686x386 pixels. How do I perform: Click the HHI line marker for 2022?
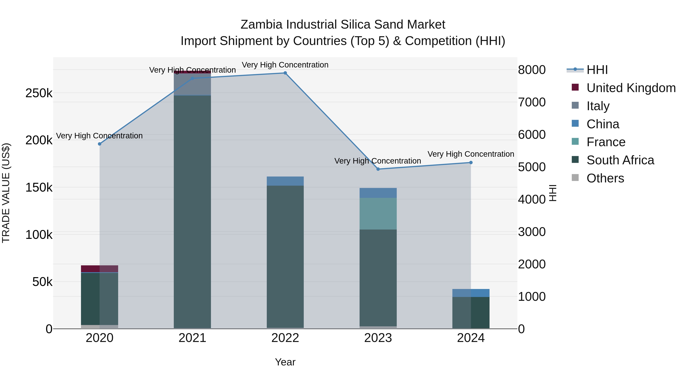[x=285, y=73]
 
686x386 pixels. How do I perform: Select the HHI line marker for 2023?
[x=378, y=169]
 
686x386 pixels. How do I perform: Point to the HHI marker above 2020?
[x=100, y=144]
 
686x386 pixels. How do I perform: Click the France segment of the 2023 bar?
[x=378, y=214]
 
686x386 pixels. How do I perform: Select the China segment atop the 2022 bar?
[x=285, y=181]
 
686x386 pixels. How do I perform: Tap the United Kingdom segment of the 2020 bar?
[x=100, y=269]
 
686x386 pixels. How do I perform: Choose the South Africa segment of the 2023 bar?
[x=378, y=277]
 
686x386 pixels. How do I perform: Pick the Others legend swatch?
[x=575, y=178]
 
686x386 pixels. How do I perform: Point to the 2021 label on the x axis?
[x=192, y=338]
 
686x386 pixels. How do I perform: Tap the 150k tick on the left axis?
[x=39, y=188]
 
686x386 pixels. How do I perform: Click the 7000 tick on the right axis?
[x=531, y=102]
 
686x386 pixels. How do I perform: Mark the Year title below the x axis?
[x=285, y=362]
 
